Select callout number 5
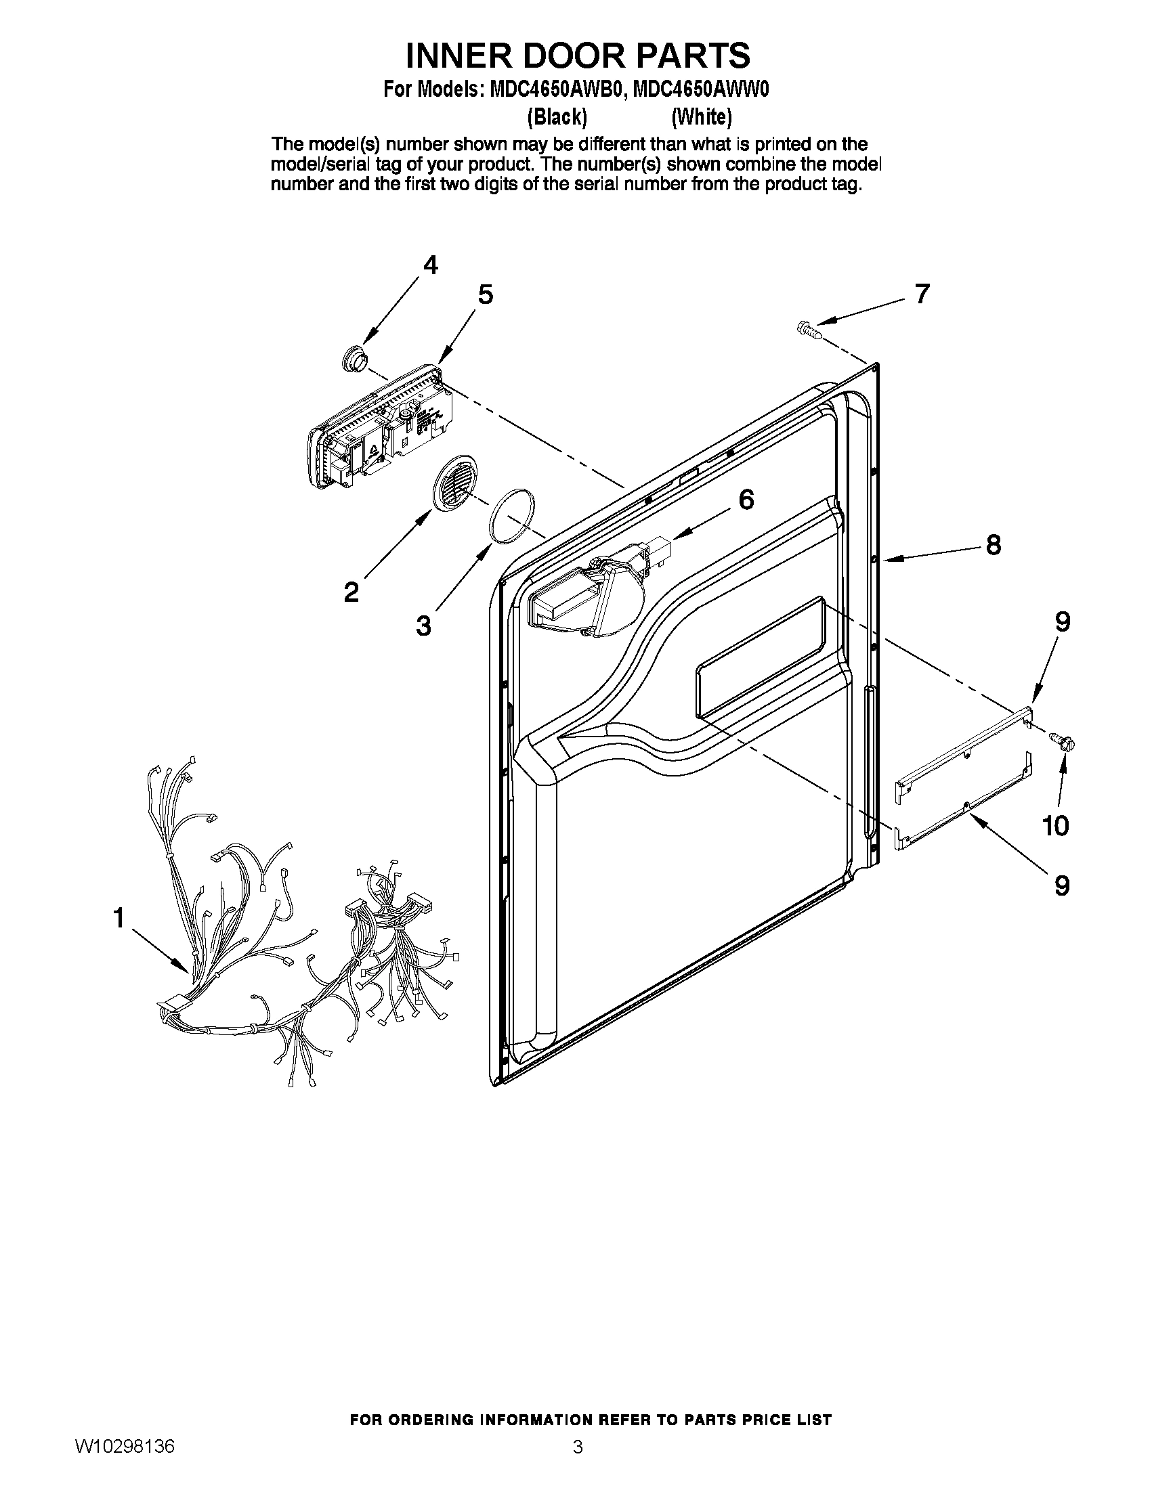(x=485, y=294)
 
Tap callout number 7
(x=921, y=294)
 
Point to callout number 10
(x=1054, y=826)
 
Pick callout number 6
(x=746, y=500)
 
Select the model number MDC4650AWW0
(x=701, y=90)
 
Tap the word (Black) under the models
(x=557, y=117)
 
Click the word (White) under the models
(x=701, y=117)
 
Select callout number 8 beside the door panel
(x=992, y=544)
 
